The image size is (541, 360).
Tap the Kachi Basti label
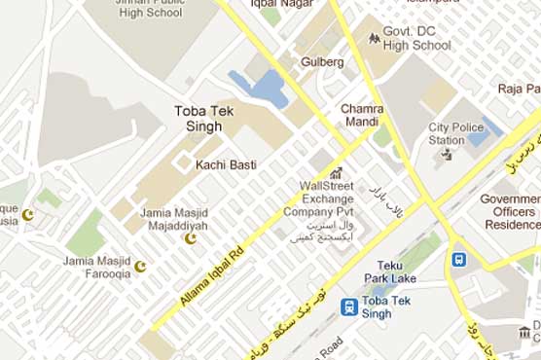(x=226, y=164)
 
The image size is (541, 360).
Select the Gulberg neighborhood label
(x=324, y=61)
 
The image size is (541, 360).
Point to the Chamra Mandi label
(x=362, y=115)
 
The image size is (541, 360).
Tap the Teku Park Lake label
(x=410, y=272)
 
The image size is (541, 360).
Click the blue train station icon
(x=348, y=306)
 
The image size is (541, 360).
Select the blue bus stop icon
(x=457, y=261)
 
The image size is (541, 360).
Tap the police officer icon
(x=446, y=153)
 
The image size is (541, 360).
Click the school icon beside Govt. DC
(x=375, y=38)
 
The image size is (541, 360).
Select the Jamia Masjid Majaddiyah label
(x=175, y=219)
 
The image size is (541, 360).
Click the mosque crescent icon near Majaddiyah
(x=191, y=237)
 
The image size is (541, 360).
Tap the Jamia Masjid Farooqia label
(x=96, y=268)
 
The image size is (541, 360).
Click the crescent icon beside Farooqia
(x=141, y=266)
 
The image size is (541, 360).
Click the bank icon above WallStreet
(x=337, y=172)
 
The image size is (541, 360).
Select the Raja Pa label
(x=519, y=89)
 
